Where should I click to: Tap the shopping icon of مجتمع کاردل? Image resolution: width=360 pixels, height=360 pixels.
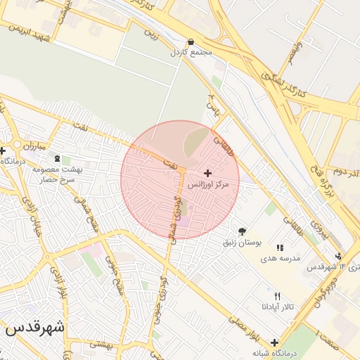coord(191,41)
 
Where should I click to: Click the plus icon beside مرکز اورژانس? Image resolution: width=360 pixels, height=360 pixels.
coord(207,172)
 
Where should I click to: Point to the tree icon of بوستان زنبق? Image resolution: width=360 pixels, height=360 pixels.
coord(243,231)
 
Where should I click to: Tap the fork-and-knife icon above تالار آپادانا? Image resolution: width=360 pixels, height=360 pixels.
coord(277,296)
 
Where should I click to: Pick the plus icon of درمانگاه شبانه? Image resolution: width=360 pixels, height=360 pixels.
coord(274,342)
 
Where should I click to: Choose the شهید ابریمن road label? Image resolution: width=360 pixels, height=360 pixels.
coord(28,32)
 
